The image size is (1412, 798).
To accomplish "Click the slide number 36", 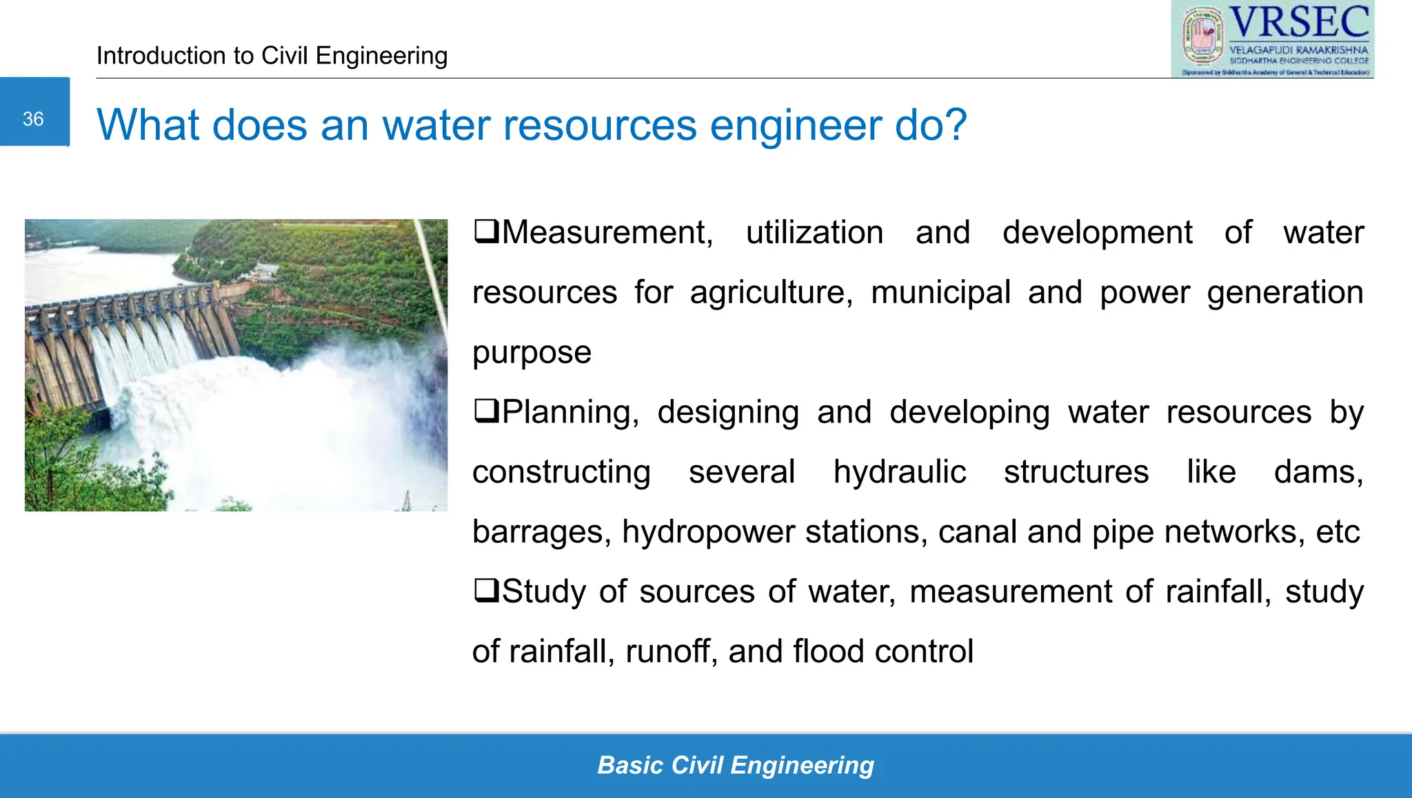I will click(33, 119).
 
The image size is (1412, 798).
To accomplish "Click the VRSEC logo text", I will click(1299, 23).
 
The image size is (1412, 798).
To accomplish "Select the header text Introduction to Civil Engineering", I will click(272, 56).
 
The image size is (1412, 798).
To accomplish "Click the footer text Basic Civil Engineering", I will click(735, 765).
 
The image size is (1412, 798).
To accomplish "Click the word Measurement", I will click(607, 233).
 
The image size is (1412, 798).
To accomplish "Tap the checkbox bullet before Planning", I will click(486, 411).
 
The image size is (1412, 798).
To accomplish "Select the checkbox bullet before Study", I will click(486, 591).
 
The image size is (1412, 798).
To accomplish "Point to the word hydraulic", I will click(899, 473).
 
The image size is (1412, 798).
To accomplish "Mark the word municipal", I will click(940, 293).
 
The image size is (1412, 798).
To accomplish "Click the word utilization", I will click(814, 233).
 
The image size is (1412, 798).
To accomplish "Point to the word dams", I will click(1318, 473).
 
